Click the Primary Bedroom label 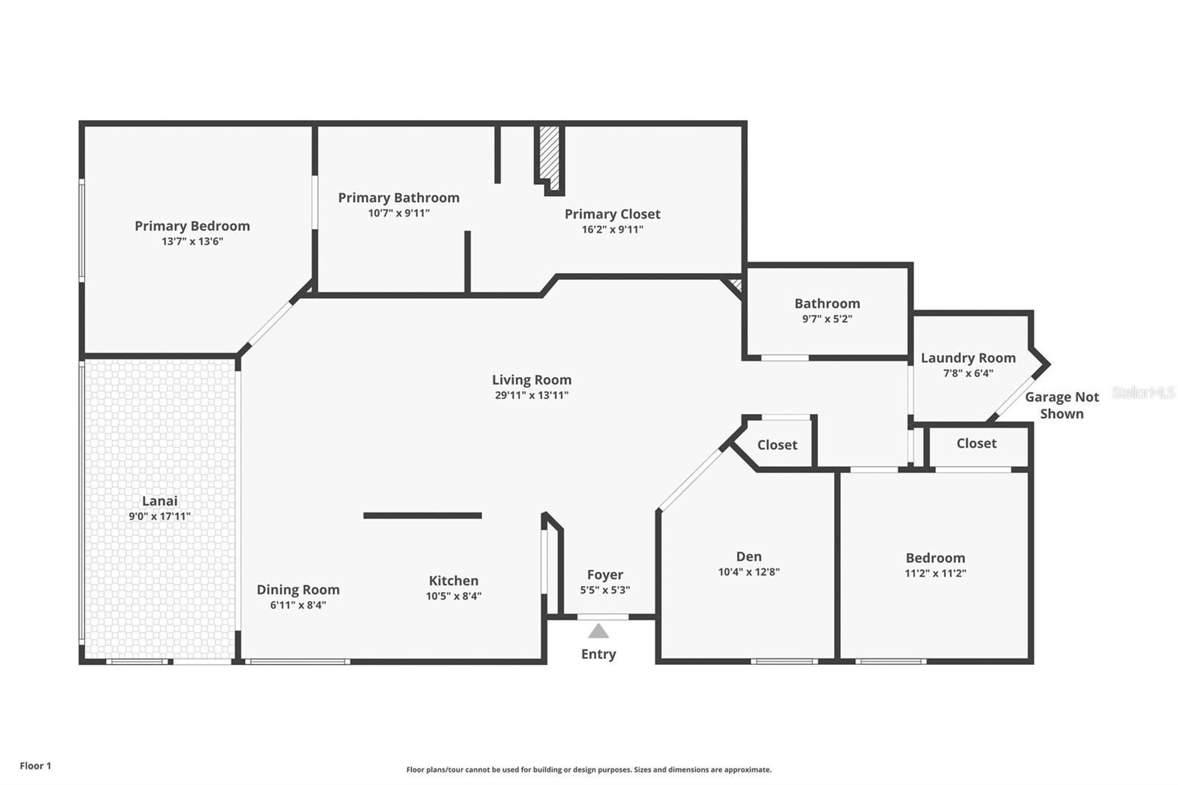tap(192, 226)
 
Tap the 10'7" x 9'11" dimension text tap(398, 213)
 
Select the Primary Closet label tap(612, 214)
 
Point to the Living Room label tap(532, 380)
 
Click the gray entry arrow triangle tap(599, 631)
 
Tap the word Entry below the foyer tap(599, 654)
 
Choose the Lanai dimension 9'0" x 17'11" tap(159, 516)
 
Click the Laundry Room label tap(968, 358)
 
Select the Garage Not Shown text tap(1062, 405)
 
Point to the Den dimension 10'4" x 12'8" tap(749, 571)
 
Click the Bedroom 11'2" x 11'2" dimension tap(936, 573)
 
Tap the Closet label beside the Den tap(777, 445)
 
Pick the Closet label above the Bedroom tap(976, 443)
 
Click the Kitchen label tap(454, 581)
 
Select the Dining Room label tap(298, 590)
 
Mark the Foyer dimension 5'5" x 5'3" tap(604, 590)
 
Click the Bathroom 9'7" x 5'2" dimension tap(828, 319)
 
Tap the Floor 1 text tap(36, 766)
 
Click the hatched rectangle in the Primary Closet tap(549, 158)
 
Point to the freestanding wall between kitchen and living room tap(423, 515)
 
